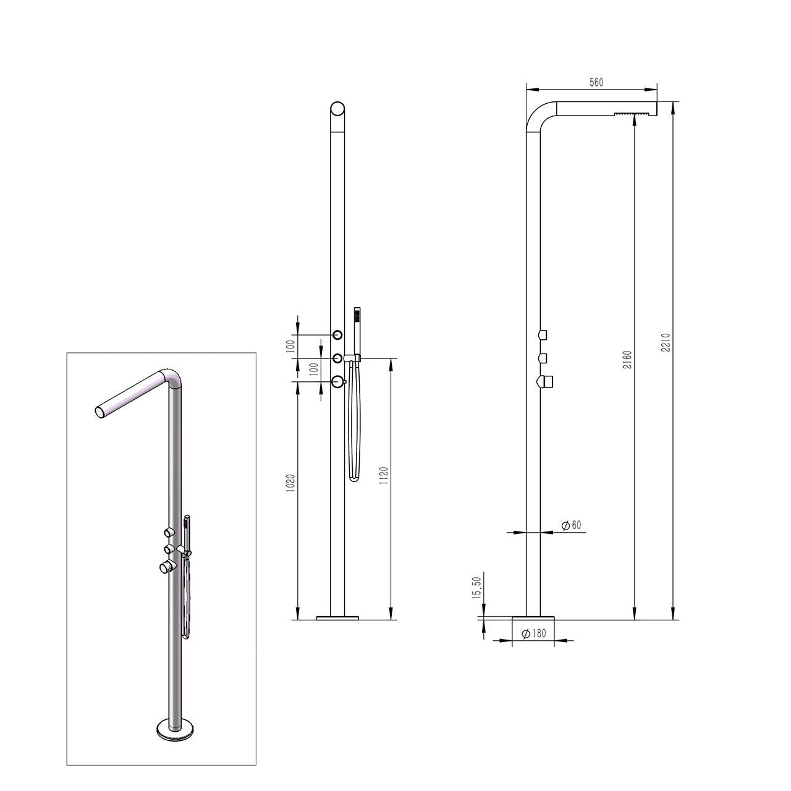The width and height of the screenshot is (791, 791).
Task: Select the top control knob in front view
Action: coord(337,335)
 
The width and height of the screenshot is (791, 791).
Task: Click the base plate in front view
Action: coord(337,617)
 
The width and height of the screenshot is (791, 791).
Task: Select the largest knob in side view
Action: coord(546,383)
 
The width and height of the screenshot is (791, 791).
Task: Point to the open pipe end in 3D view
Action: coord(100,413)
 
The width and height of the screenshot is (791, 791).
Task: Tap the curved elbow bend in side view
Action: coord(535,116)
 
